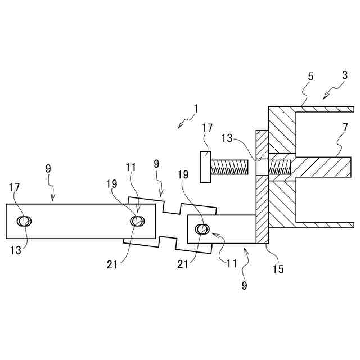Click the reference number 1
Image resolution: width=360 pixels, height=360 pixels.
click(x=195, y=107)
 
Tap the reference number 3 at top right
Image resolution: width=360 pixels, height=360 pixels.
click(x=344, y=75)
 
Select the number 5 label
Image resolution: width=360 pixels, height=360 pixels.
click(x=310, y=76)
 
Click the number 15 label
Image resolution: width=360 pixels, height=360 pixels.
click(x=278, y=269)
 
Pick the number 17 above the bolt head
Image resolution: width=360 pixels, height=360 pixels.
click(x=206, y=128)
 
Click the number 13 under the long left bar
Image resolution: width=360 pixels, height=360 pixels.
click(x=16, y=250)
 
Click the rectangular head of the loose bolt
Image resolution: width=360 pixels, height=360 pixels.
click(x=206, y=167)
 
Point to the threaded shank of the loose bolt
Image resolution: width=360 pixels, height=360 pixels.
click(x=230, y=167)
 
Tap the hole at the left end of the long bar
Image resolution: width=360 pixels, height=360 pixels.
click(x=24, y=221)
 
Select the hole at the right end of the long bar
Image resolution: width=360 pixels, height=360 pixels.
click(x=137, y=221)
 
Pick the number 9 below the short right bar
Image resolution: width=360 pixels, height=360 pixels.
click(x=244, y=285)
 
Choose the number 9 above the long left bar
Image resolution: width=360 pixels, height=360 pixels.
click(x=48, y=168)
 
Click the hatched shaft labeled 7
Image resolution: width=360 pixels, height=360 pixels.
click(x=323, y=167)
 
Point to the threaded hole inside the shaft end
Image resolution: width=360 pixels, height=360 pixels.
click(x=280, y=167)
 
